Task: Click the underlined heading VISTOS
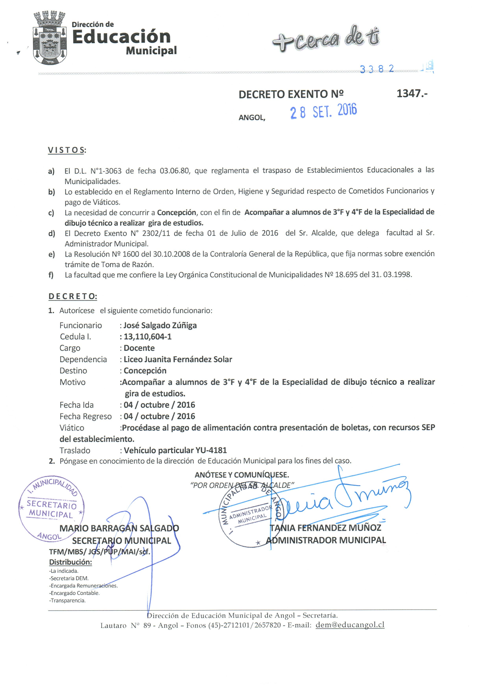pos(66,150)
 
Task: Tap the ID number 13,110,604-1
pos(148,337)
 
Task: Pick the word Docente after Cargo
pos(139,348)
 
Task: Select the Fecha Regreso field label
pos(85,416)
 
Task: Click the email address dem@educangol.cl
pos(350,625)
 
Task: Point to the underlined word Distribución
pos(70,562)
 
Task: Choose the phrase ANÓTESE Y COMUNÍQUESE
pos(242,475)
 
